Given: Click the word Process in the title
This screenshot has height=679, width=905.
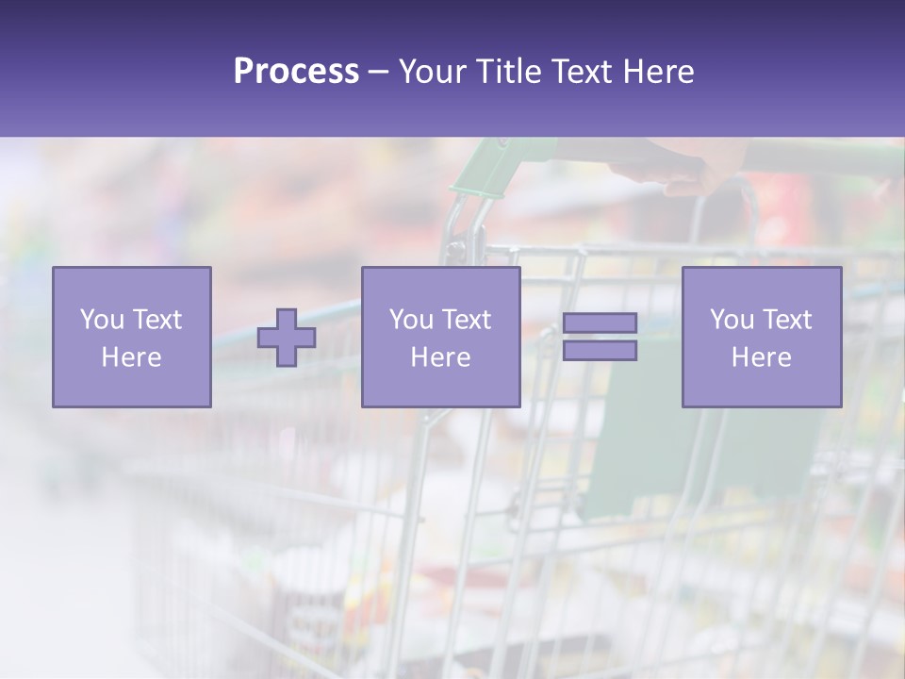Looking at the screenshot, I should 296,72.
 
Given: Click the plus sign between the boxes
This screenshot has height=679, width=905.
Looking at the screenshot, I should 287,338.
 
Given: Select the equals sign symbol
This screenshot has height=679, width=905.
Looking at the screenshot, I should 600,337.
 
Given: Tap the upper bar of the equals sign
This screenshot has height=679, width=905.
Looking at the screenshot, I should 600,323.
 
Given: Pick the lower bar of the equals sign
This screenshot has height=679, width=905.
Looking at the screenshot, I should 600,351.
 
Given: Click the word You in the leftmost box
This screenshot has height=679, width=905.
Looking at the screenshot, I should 101,320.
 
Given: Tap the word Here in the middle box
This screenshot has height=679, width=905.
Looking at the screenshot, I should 441,357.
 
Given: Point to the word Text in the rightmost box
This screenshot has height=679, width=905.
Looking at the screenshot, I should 786,320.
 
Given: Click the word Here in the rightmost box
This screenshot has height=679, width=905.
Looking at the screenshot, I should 762,357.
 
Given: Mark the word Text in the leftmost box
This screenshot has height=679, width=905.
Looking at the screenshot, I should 156,320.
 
